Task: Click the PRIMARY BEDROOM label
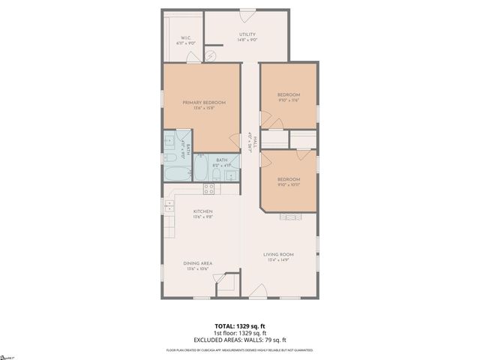204,103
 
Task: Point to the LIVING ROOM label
277,256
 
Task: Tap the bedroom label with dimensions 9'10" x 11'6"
289,95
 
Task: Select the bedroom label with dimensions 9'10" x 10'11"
289,180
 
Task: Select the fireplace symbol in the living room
291,217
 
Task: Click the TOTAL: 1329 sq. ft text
240,326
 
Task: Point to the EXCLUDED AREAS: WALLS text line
240,340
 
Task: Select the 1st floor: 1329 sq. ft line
240,333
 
